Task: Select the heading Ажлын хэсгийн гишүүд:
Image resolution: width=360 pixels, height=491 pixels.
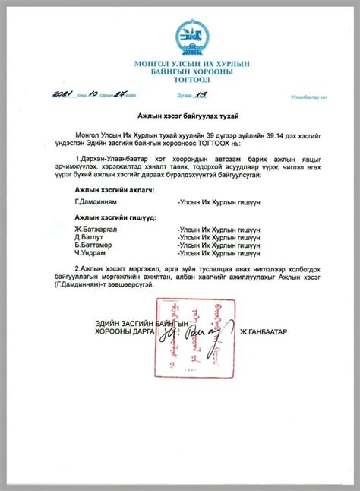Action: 115,217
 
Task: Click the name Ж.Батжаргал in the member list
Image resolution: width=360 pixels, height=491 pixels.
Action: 95,229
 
